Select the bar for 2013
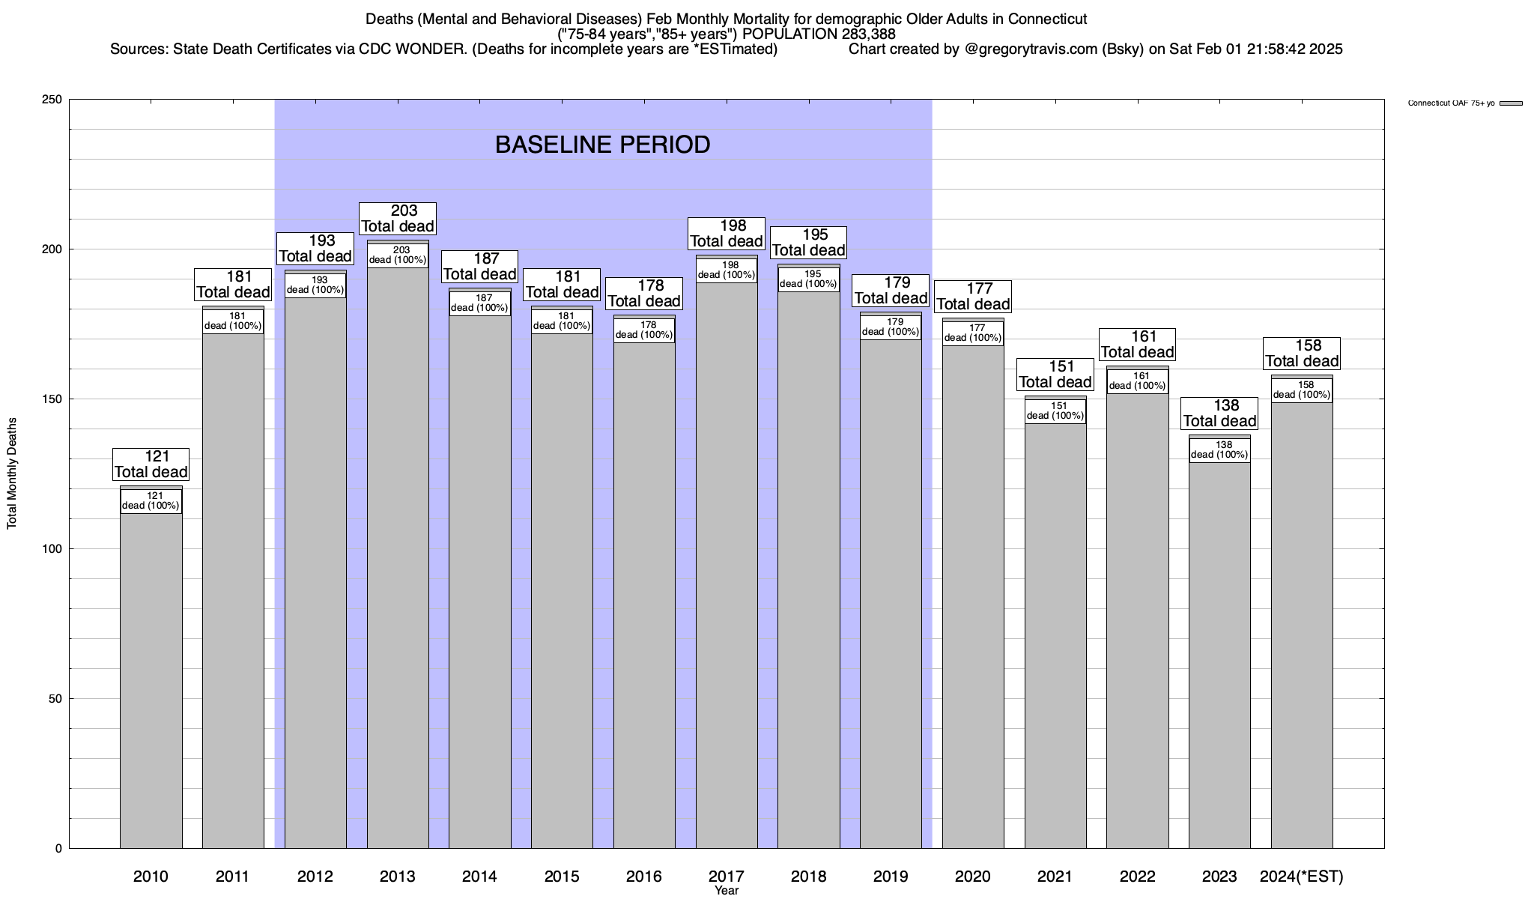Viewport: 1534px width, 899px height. (x=397, y=562)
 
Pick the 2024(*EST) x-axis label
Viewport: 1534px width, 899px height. (x=1302, y=877)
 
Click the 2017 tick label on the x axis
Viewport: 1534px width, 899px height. (x=726, y=877)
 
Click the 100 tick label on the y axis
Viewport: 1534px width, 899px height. (x=52, y=549)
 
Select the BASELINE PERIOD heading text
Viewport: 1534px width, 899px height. (x=602, y=145)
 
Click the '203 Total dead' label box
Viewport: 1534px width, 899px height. (x=398, y=219)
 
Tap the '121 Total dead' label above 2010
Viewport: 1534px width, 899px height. (x=151, y=464)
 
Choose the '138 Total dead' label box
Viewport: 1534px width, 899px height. (x=1219, y=414)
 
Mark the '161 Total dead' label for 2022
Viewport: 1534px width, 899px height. (x=1137, y=345)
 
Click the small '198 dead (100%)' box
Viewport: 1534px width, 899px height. (x=727, y=270)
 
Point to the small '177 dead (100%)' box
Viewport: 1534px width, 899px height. (x=973, y=333)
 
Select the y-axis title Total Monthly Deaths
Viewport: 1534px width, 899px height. (x=12, y=473)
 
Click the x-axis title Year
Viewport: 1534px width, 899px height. (x=726, y=891)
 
